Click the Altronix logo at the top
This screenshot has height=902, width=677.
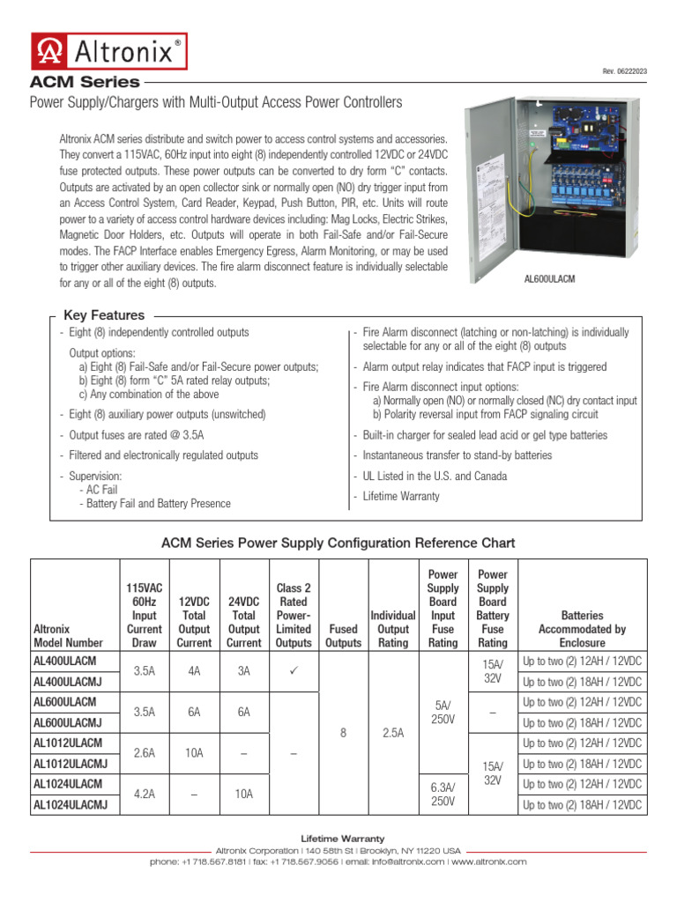[x=109, y=51]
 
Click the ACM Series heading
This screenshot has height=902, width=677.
[x=86, y=82]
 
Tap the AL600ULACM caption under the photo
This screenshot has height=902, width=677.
[x=549, y=278]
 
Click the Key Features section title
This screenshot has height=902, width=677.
[x=104, y=315]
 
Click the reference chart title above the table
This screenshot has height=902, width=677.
[x=338, y=543]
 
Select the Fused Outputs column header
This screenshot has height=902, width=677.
[x=343, y=636]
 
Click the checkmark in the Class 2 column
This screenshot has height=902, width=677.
[x=294, y=671]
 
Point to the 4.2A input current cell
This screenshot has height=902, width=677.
[x=145, y=794]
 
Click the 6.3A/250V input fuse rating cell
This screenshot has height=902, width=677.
[x=443, y=794]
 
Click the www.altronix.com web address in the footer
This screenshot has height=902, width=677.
[x=489, y=861]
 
